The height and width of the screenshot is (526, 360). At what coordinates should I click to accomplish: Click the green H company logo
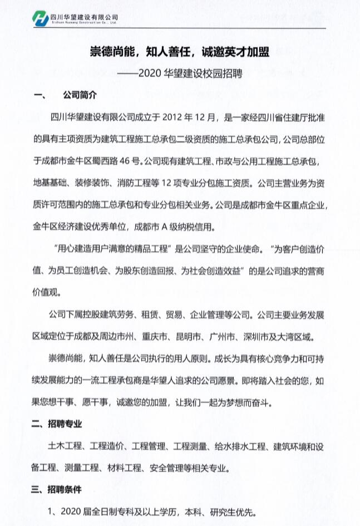click(x=42, y=18)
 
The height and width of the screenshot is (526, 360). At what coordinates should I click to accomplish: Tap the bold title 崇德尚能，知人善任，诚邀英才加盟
click(x=180, y=52)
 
